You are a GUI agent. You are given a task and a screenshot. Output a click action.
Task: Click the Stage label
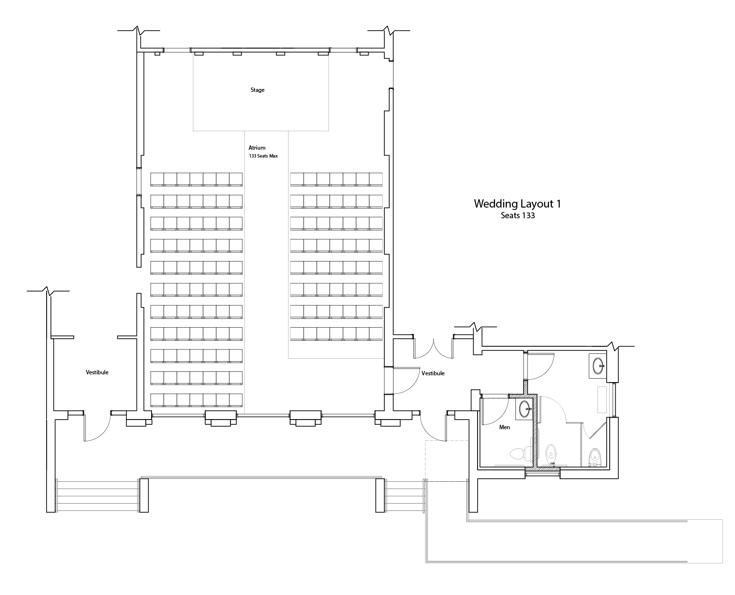(257, 90)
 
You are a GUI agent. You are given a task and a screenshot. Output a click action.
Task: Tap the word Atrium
(256, 147)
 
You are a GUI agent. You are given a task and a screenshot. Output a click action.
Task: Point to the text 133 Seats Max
(263, 156)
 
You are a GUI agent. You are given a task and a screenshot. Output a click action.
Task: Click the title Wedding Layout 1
(517, 204)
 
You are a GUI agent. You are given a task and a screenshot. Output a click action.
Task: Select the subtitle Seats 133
(517, 215)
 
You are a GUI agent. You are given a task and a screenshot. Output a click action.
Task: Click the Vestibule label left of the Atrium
(97, 372)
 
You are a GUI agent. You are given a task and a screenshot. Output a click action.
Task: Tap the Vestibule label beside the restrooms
(433, 373)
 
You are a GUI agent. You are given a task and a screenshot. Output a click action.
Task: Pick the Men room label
(504, 427)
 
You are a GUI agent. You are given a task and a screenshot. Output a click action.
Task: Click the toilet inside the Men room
(520, 454)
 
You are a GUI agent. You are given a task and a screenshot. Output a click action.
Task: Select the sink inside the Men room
(524, 409)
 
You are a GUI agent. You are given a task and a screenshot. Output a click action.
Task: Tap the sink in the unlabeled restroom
(598, 366)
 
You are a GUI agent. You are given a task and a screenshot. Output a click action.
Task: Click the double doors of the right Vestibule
(433, 348)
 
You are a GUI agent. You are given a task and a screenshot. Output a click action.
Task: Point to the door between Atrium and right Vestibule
(406, 380)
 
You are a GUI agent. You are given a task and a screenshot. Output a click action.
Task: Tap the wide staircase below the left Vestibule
(97, 495)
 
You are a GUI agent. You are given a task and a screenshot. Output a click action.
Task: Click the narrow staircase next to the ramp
(405, 495)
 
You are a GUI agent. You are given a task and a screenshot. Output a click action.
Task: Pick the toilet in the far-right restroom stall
(595, 457)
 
